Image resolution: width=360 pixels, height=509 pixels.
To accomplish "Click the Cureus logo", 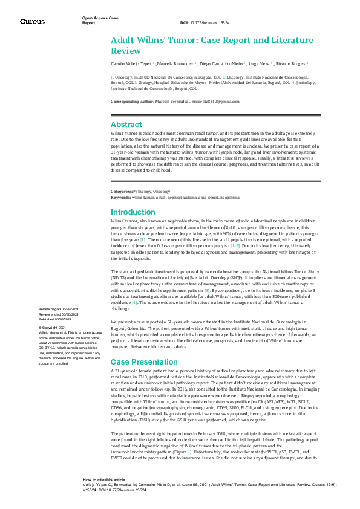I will [32, 21].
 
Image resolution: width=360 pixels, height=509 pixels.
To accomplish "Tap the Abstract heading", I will [126, 124].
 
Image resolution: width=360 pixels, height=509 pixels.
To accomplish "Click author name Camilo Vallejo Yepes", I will [131, 62].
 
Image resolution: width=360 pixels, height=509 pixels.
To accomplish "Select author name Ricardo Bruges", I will [292, 62].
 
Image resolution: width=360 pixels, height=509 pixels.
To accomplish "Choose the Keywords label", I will [120, 197].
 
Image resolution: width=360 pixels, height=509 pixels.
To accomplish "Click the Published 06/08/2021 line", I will [58, 318].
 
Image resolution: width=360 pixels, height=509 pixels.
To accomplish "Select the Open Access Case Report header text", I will [99, 21].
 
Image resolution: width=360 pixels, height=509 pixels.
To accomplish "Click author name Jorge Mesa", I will [260, 62].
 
